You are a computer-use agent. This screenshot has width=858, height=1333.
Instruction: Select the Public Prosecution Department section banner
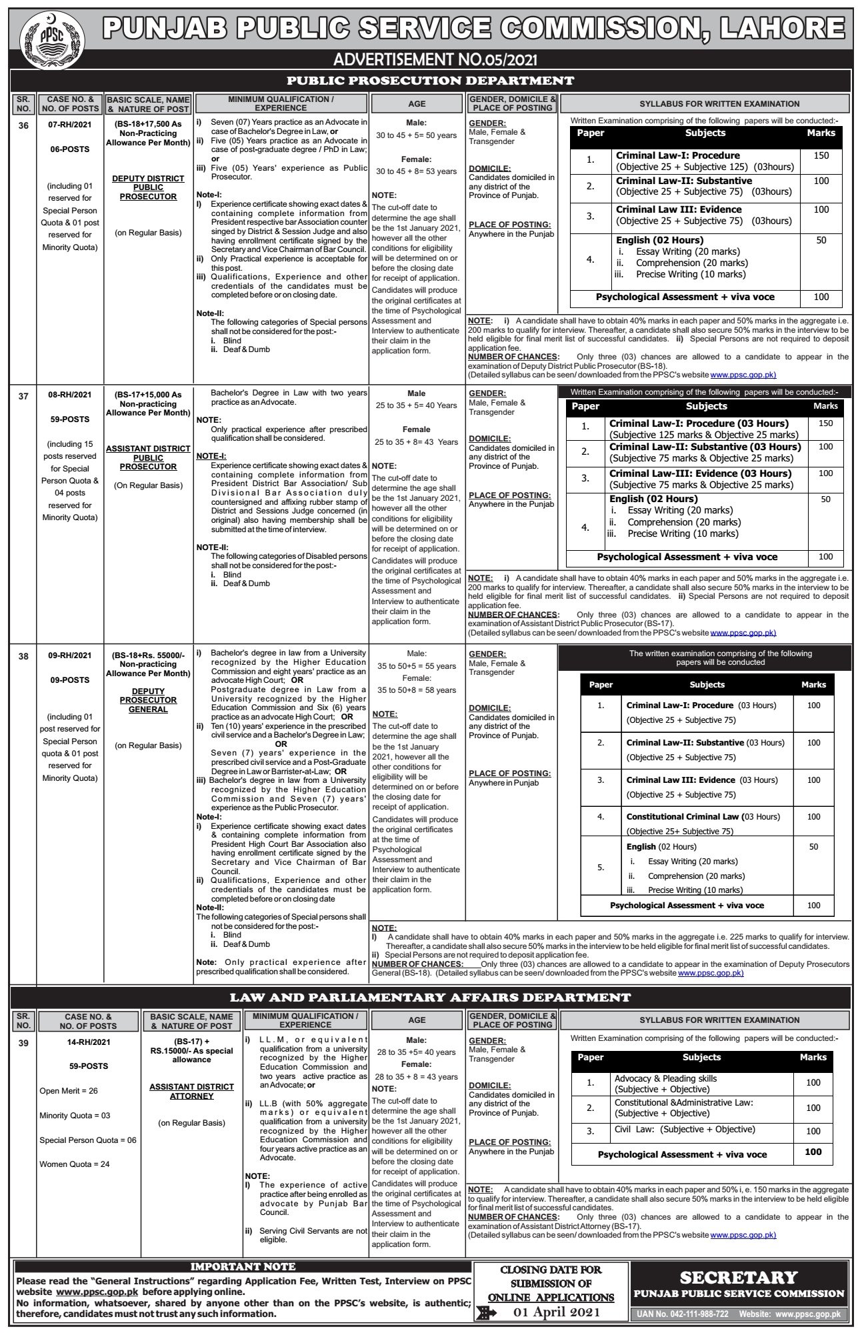coord(430,81)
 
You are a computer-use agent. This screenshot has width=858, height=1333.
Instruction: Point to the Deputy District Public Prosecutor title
coord(148,187)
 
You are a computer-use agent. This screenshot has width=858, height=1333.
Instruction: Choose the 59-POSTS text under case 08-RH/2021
coord(69,419)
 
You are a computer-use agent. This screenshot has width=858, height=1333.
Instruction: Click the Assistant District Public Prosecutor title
coord(148,457)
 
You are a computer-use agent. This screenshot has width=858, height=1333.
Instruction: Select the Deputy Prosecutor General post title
coord(148,700)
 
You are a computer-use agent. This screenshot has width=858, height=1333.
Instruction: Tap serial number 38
coord(23,655)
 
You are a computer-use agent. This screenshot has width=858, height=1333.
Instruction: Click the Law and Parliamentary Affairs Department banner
coord(430,998)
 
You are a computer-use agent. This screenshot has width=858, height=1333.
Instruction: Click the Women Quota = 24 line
coord(75,1164)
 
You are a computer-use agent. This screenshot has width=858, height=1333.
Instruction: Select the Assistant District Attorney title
coord(191,1091)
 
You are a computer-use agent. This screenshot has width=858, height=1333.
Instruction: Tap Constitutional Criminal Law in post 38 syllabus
coord(683,816)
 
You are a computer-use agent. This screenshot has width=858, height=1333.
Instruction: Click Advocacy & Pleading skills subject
coord(665,1078)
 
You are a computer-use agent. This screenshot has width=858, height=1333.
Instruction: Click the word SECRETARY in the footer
coord(739,1277)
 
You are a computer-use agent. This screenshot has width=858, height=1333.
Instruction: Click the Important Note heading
coord(243,1266)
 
